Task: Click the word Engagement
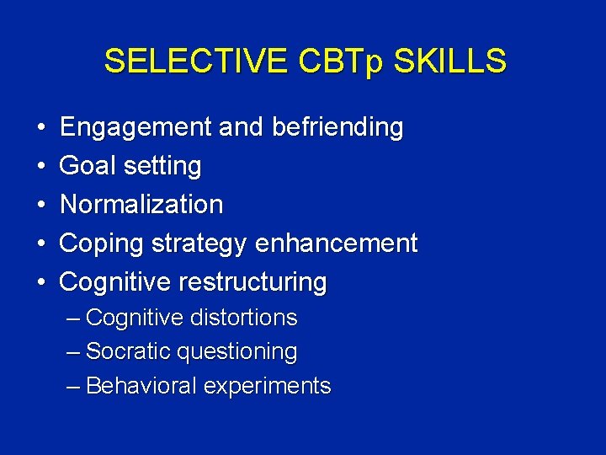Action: point(136,128)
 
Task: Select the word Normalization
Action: point(141,205)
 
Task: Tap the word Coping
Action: point(102,244)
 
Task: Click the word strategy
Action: point(199,244)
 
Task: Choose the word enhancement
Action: point(336,244)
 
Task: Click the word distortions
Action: point(243,318)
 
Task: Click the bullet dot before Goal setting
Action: point(41,167)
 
